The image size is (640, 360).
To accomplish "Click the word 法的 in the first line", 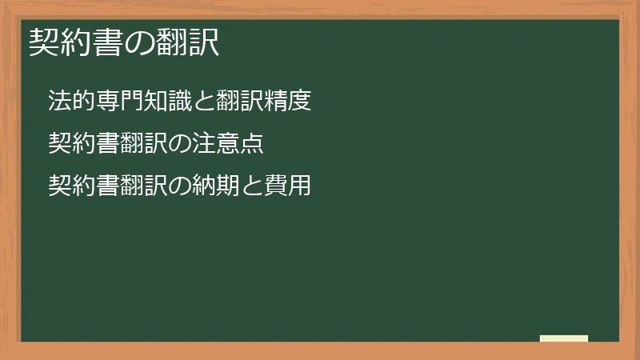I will pyautogui.click(x=71, y=102).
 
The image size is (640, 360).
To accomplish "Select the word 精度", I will pyautogui.click(x=287, y=102).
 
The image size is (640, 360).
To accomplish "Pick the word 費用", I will pyautogui.click(x=287, y=186).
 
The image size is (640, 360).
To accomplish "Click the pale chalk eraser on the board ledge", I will pyautogui.click(x=564, y=338).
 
